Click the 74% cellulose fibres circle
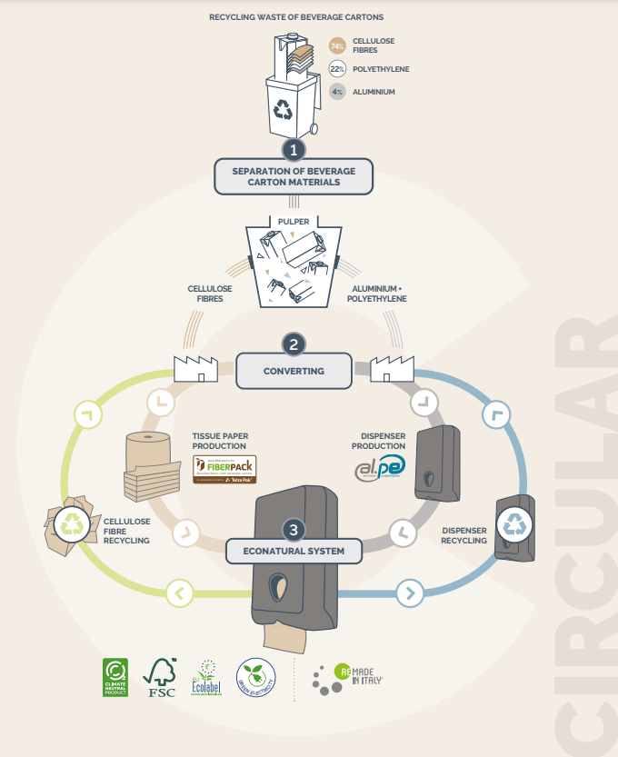(x=337, y=46)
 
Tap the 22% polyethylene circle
(x=337, y=69)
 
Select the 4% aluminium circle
(x=337, y=92)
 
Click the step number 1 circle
(x=294, y=149)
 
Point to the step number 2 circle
(x=294, y=344)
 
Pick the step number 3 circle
(x=293, y=529)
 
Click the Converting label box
(x=294, y=371)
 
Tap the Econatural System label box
(x=294, y=551)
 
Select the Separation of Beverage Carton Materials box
(x=294, y=176)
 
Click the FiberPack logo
(x=224, y=469)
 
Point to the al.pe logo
(x=380, y=468)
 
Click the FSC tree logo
(x=161, y=678)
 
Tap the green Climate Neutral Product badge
(x=115, y=678)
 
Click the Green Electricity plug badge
(x=254, y=678)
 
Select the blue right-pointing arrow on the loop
(x=409, y=594)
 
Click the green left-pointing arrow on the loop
(x=179, y=594)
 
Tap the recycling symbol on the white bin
(x=284, y=110)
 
